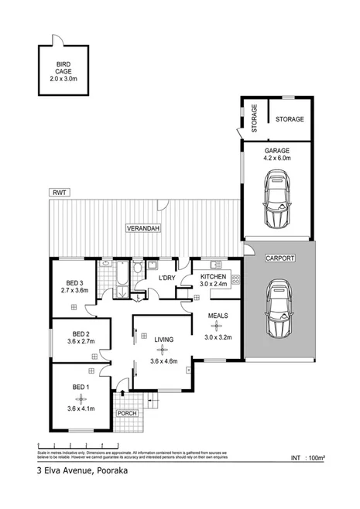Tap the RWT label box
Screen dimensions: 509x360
[60, 192]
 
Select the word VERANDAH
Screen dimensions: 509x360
[143, 230]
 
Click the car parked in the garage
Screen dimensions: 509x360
[277, 200]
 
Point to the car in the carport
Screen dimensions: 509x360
[278, 309]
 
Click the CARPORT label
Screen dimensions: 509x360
[279, 258]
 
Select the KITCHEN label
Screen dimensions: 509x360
[214, 276]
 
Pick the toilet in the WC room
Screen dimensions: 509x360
[137, 269]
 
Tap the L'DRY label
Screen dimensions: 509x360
[167, 277]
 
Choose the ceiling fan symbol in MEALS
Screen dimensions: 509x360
[217, 325]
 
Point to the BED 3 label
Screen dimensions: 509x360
[74, 282]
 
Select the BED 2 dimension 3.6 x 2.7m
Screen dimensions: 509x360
[80, 341]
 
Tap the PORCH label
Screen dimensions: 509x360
[125, 413]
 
